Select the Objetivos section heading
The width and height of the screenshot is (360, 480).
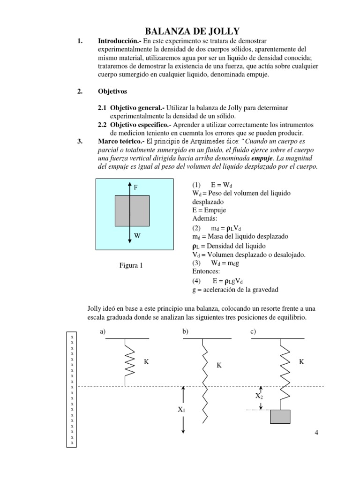point(112,91)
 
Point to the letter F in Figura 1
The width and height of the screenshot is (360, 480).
point(136,187)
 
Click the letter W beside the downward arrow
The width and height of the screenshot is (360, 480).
point(137,236)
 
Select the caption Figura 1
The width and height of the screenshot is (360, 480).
point(131,266)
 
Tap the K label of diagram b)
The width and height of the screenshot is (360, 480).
point(218,365)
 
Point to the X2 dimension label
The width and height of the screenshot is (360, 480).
point(259,396)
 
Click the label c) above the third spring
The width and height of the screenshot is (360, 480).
point(253,332)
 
